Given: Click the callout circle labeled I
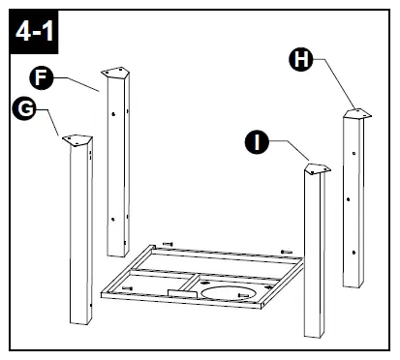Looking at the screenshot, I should tap(257, 143).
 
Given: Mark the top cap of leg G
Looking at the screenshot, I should tap(77, 139).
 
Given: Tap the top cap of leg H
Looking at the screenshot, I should tap(355, 113).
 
